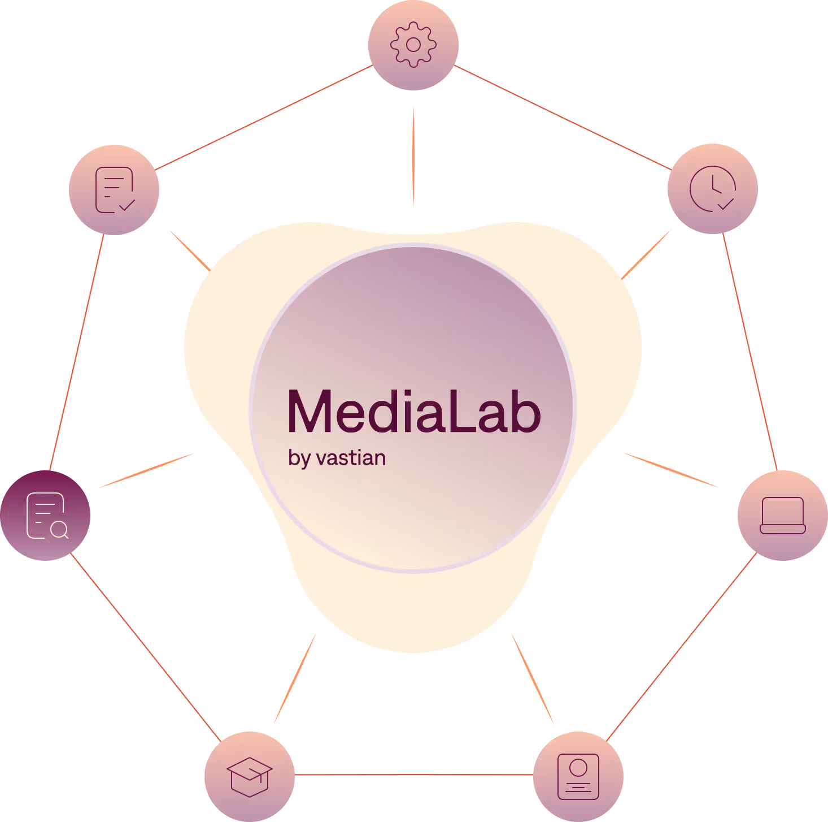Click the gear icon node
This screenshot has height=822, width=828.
pyautogui.click(x=413, y=45)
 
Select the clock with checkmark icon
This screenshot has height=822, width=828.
pyautogui.click(x=713, y=188)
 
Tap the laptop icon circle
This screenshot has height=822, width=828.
pyautogui.click(x=783, y=515)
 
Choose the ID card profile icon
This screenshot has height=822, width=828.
pyautogui.click(x=578, y=776)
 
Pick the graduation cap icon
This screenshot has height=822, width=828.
pyautogui.click(x=250, y=776)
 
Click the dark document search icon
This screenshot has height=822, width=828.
pyautogui.click(x=45, y=515)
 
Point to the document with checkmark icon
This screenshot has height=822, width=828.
pyautogui.click(x=114, y=189)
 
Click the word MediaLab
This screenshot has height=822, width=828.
pyautogui.click(x=414, y=411)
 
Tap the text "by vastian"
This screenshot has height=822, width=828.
pyautogui.click(x=337, y=458)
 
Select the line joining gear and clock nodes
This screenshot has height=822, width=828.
pyautogui.click(x=563, y=118)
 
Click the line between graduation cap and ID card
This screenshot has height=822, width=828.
pyautogui.click(x=414, y=775)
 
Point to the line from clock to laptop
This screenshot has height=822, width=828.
pyautogui.click(x=750, y=352)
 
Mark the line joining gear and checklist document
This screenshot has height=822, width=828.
pyautogui.click(x=264, y=117)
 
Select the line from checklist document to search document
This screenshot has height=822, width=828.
pyautogui.click(x=77, y=352)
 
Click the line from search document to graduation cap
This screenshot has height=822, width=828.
pyautogui.click(x=146, y=647)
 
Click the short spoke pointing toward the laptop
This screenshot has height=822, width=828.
pyautogui.click(x=671, y=470)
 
